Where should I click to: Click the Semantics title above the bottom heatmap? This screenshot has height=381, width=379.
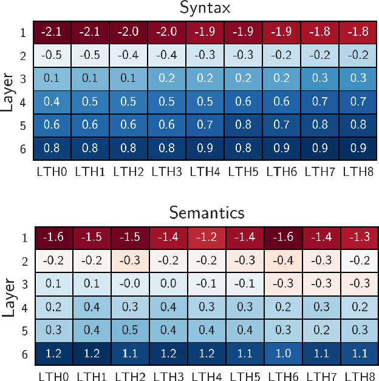pos(207,213)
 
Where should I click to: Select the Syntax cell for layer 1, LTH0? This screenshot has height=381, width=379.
pos(52,32)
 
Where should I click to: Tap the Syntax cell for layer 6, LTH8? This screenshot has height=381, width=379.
pos(358,149)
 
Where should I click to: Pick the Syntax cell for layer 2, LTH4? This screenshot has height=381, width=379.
pos(205,55)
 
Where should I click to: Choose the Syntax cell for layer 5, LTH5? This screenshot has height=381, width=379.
pos(244,125)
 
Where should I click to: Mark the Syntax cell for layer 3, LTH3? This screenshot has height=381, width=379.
pos(167,79)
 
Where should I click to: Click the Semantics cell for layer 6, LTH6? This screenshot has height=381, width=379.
pos(282,353)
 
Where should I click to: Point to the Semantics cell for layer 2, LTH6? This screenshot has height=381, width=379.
pos(282,260)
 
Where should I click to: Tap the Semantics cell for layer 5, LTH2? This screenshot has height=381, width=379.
pos(128,330)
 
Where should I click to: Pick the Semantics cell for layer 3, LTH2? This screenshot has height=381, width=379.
pos(128,283)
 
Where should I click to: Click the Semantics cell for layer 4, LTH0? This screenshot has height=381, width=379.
pos(52,307)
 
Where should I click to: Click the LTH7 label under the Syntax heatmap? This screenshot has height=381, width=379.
pos(320,172)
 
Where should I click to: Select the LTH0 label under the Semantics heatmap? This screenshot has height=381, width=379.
pos(52,377)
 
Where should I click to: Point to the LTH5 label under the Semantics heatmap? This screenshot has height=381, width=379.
pos(244,377)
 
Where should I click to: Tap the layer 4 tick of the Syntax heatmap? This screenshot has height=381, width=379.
pos(23,102)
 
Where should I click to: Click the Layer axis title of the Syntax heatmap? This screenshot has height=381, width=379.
pos(8,90)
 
